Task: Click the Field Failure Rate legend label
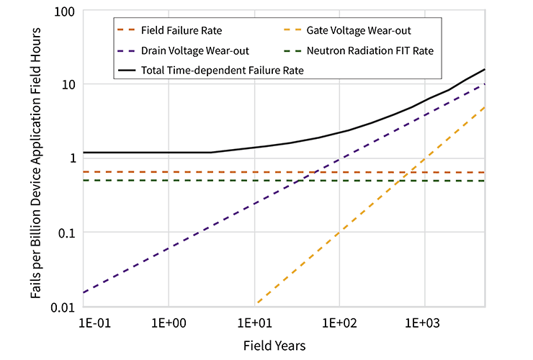182,31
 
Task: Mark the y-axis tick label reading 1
71,158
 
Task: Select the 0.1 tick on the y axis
66,233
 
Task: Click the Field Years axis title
274,346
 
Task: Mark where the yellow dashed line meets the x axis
255,305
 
